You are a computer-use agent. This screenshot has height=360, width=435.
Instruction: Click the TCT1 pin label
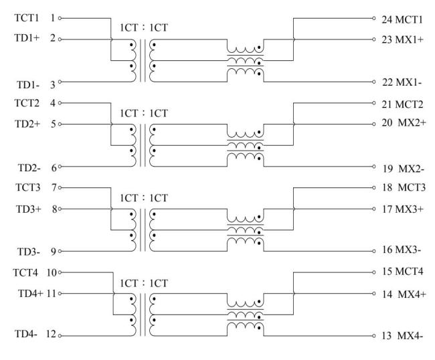[x=27, y=18]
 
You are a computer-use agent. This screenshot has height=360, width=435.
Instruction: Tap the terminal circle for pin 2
[x=60, y=39]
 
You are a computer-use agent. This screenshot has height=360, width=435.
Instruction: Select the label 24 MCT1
[x=402, y=19]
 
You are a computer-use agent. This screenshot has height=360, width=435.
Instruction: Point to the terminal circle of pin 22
[x=373, y=82]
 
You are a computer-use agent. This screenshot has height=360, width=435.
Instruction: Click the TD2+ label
[x=27, y=124]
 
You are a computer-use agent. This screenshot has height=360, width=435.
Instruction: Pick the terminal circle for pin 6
[x=60, y=167]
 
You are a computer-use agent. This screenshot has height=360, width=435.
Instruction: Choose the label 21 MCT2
[x=402, y=104]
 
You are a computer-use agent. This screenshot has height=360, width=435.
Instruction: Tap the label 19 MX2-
[x=404, y=169]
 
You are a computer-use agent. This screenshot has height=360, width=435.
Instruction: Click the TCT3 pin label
[x=27, y=187]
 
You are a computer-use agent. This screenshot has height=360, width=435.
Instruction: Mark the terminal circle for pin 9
[x=60, y=252]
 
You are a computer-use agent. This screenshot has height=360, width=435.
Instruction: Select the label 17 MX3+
[x=403, y=209]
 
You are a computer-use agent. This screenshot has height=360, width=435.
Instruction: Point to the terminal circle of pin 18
[x=373, y=188]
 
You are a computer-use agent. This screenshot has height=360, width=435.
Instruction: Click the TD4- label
[x=26, y=334]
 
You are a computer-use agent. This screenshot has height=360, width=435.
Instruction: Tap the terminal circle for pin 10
[x=60, y=272]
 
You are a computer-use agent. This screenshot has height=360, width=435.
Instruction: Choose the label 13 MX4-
[x=402, y=336]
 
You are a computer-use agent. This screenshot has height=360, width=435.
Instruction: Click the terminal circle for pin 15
[x=373, y=272]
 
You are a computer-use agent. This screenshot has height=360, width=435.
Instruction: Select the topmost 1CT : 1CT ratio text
[x=144, y=27]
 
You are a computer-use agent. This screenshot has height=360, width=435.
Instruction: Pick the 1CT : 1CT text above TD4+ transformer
[x=144, y=283]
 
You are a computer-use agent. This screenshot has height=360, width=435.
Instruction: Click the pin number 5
[x=53, y=124]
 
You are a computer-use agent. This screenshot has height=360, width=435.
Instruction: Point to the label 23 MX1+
[x=402, y=39]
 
